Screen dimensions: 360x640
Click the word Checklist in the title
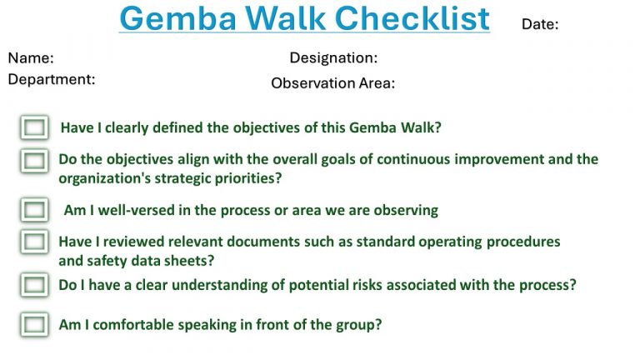click(413, 17)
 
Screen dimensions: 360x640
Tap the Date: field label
click(540, 24)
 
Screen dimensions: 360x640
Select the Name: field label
click(31, 58)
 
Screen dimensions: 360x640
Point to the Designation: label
click(333, 58)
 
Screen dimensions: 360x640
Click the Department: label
click(52, 80)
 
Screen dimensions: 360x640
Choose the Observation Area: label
click(332, 83)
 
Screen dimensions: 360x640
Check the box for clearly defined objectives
click(34, 127)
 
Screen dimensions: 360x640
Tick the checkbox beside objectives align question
click(34, 161)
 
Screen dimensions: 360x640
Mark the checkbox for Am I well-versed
click(34, 209)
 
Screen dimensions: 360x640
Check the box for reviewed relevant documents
click(34, 242)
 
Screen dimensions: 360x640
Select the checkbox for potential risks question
click(34, 285)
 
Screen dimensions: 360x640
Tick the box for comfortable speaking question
click(34, 324)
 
